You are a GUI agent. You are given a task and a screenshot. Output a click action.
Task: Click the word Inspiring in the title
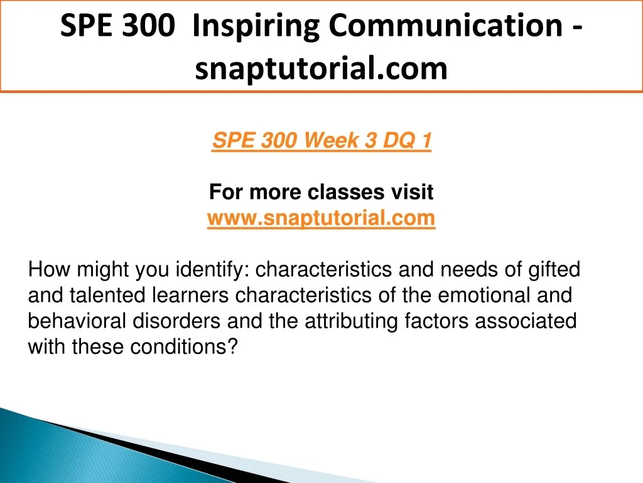[x=256, y=27]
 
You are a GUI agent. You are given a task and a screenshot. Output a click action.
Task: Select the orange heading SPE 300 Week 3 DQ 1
[x=321, y=140]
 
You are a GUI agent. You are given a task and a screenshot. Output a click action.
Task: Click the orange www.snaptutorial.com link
[x=321, y=218]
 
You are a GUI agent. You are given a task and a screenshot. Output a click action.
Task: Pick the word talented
[x=107, y=296]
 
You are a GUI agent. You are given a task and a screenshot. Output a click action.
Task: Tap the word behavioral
[x=77, y=321]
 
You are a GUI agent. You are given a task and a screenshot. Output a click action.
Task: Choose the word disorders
[x=176, y=321]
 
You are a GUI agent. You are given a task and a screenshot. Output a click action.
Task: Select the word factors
[x=437, y=321]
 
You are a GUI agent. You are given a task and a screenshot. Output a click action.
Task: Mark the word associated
[x=526, y=321]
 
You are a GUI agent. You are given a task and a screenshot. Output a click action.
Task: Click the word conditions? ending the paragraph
[x=184, y=347]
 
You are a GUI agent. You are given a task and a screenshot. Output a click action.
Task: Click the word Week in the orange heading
[x=332, y=140]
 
